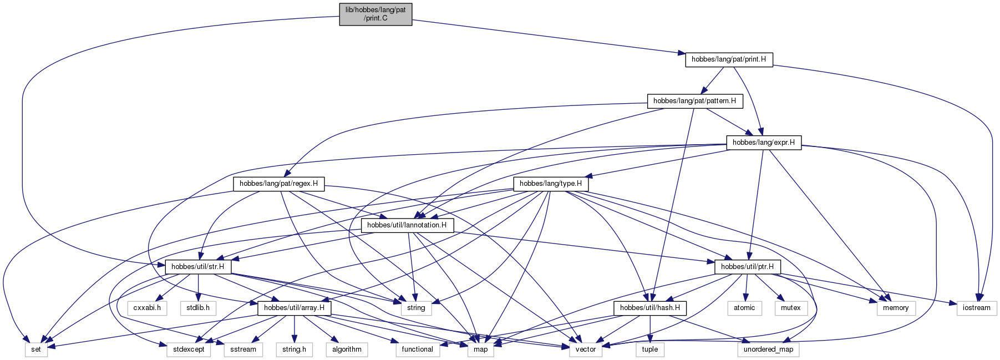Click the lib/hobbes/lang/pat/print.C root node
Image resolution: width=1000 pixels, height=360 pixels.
376,14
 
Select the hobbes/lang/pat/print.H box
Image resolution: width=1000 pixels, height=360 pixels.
729,59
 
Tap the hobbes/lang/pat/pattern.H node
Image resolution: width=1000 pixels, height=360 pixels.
694,101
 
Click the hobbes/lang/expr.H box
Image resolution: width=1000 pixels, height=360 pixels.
764,143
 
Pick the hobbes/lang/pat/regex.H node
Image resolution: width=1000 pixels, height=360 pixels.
278,184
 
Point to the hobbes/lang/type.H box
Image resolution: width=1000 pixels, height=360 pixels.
551,184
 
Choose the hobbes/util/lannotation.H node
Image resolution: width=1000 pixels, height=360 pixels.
407,225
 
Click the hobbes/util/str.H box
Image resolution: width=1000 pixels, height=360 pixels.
198,267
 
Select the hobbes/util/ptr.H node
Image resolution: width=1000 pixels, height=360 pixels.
748,267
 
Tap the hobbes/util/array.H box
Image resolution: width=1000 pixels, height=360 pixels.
294,308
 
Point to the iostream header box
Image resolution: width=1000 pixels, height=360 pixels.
977,308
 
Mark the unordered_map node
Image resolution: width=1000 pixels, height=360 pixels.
768,349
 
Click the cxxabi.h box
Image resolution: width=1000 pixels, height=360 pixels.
147,308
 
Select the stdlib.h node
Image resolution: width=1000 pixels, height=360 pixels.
198,308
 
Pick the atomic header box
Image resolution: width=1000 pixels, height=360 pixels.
744,308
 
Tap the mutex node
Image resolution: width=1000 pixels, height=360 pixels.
790,308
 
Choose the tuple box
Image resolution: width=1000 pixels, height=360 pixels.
650,349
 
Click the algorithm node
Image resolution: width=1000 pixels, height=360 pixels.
347,349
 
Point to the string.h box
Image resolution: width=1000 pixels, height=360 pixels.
294,349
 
